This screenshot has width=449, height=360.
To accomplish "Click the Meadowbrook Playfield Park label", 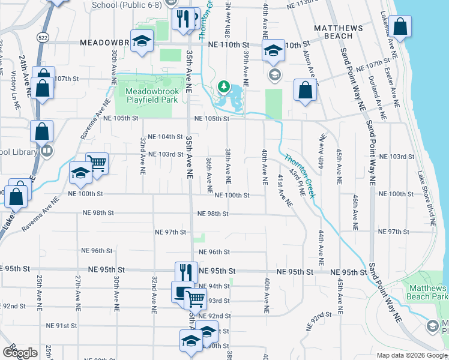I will point(152,95).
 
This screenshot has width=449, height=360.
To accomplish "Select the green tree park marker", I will point(224,87).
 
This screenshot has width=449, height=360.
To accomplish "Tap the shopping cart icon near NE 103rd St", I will point(97,161).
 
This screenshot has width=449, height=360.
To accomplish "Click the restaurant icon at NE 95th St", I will point(186,271).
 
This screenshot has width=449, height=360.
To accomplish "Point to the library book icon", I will point(47,151).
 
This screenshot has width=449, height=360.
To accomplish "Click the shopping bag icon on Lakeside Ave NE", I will point(399,26).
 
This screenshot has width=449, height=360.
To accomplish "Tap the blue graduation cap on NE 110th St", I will point(273,50).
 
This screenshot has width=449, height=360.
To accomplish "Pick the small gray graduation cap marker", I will point(275,74).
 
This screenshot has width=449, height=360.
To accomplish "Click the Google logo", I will point(20,353).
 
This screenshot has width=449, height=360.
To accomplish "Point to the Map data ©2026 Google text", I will point(412,355).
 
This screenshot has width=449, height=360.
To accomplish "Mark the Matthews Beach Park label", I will point(427,293).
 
